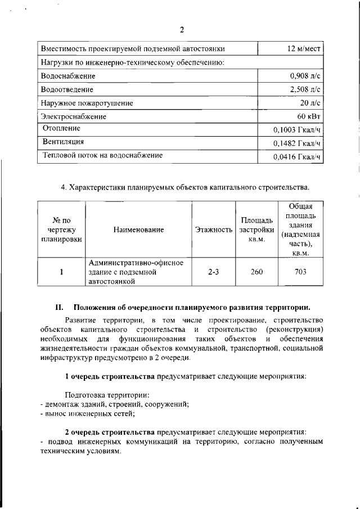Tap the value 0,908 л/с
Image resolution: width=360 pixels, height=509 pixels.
[x=305, y=76]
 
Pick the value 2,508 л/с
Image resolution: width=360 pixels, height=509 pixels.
[x=305, y=89]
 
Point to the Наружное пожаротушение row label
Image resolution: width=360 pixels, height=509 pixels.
[x=87, y=103]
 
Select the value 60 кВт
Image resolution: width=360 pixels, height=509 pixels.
[x=309, y=116]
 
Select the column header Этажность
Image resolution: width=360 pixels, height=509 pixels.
[x=214, y=229]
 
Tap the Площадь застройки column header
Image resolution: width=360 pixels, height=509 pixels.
[x=256, y=229]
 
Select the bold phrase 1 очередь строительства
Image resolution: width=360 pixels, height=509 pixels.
[x=110, y=375]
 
